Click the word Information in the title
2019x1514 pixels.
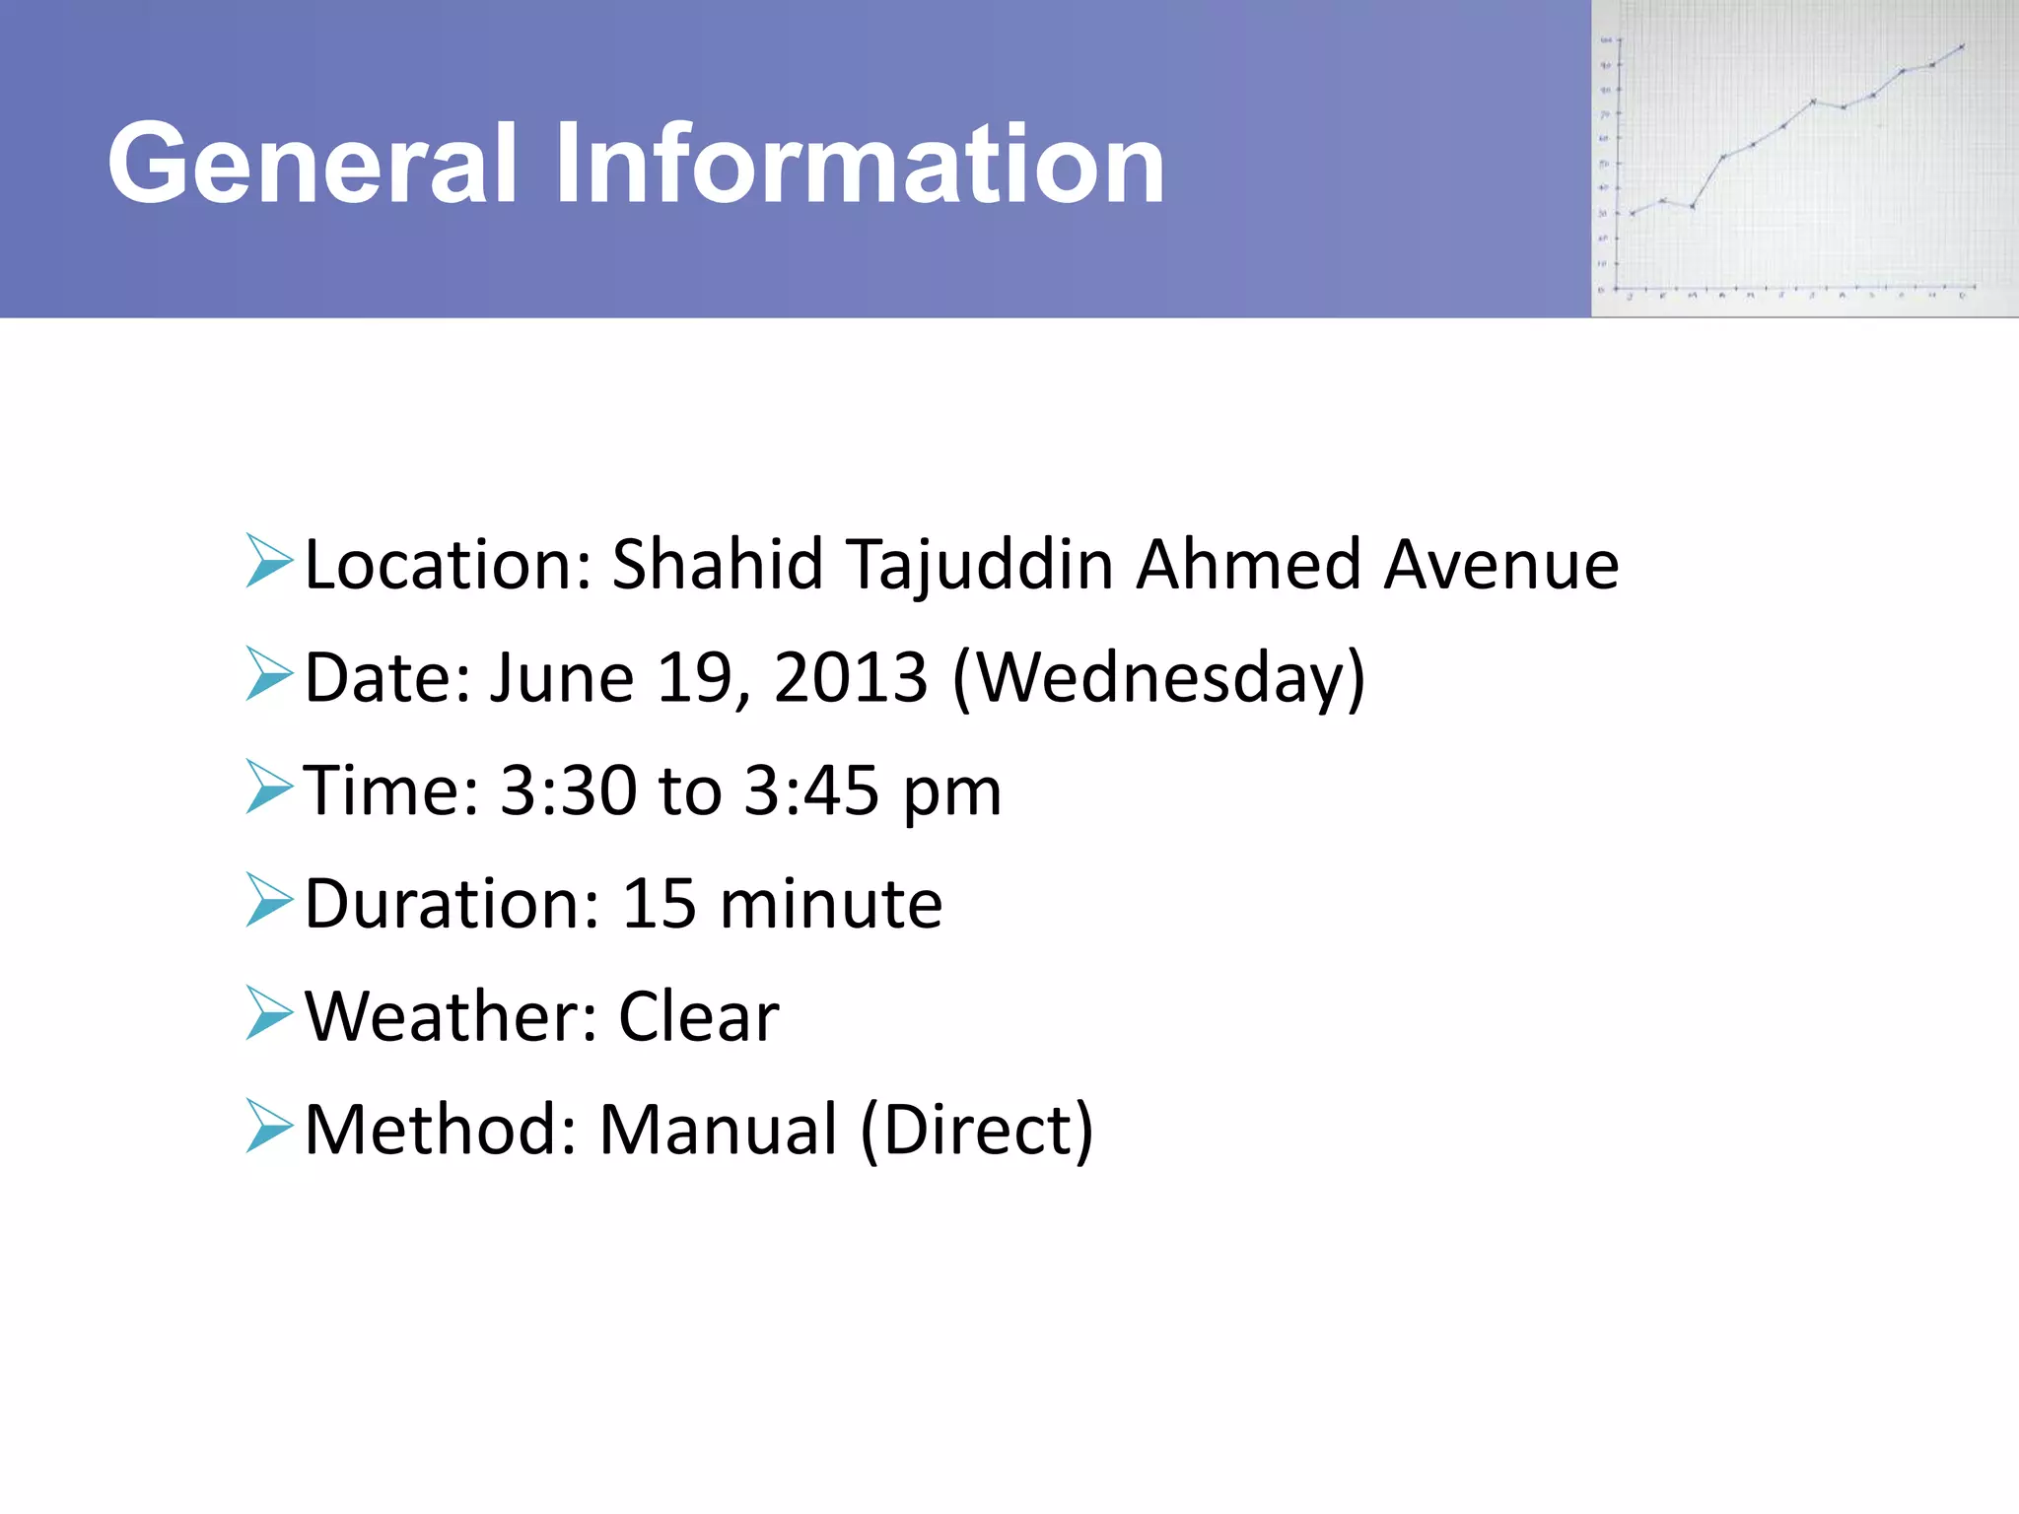tap(860, 164)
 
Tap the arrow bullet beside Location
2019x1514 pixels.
tap(269, 562)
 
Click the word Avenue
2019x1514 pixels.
tap(1500, 566)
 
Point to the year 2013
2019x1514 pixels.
tap(851, 678)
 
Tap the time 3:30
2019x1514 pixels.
tap(568, 791)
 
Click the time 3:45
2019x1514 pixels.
tap(810, 791)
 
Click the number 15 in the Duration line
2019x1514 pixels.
tap(660, 904)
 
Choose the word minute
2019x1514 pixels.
tap(831, 904)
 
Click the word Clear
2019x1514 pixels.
tap(698, 1016)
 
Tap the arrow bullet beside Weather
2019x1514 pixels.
tap(269, 1013)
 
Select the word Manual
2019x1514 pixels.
tap(719, 1130)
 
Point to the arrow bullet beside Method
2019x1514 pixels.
tap(269, 1126)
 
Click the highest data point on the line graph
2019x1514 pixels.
tap(1963, 45)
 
